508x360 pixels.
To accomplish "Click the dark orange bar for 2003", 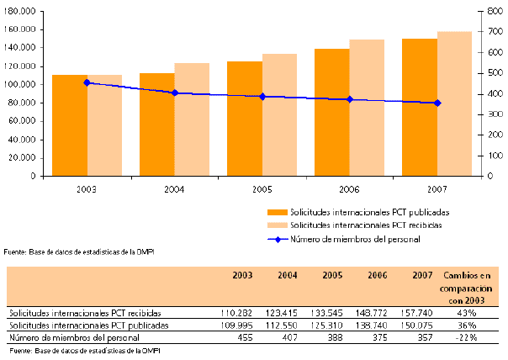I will pyautogui.click(x=69, y=126).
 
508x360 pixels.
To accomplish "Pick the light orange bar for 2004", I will pyautogui.click(x=192, y=119).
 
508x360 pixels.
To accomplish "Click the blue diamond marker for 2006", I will pyautogui.click(x=350, y=99).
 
